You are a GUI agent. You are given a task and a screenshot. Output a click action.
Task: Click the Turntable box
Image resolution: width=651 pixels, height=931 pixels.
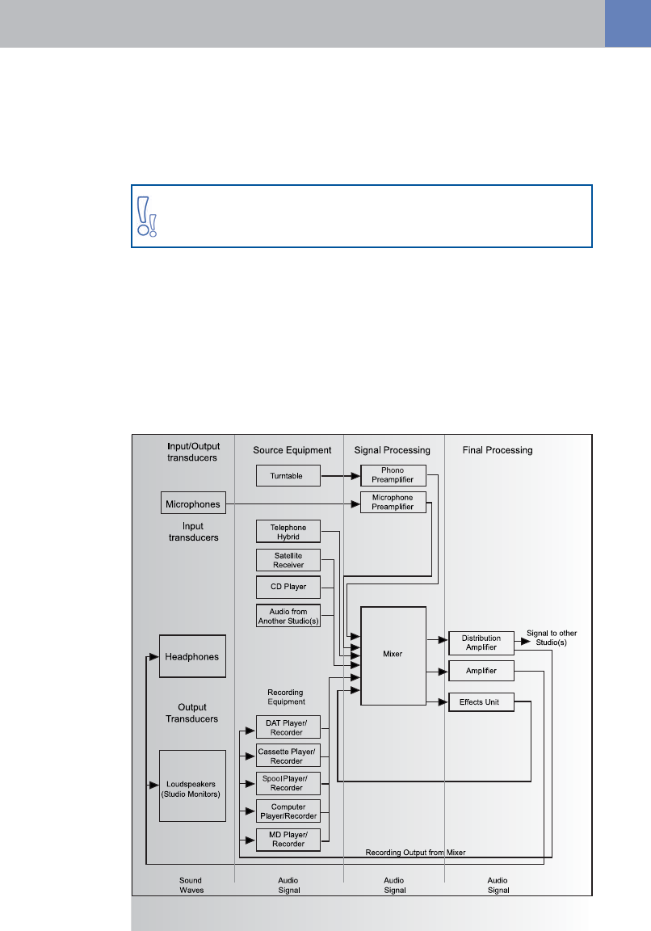[288, 476]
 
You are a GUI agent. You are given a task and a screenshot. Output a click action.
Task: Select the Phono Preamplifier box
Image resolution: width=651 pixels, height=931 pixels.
[392, 475]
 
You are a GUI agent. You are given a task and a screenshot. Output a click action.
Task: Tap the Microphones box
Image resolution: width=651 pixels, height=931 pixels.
[191, 503]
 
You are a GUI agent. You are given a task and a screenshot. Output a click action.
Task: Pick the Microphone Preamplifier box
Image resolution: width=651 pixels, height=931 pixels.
[392, 503]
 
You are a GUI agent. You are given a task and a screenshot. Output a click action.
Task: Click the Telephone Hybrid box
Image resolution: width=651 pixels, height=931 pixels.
[288, 532]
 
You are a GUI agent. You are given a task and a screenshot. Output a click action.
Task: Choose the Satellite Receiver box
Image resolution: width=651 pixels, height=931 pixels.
[288, 559]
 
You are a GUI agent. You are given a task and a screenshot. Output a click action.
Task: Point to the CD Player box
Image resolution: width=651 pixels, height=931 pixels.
[288, 586]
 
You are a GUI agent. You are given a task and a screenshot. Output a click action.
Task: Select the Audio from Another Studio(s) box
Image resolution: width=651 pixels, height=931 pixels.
[288, 616]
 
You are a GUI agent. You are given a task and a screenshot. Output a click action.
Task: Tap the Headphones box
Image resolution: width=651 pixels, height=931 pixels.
[191, 656]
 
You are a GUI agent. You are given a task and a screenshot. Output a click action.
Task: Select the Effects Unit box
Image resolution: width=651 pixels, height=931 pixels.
[481, 702]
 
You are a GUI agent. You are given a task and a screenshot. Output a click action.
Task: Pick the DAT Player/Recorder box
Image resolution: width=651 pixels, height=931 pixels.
[288, 727]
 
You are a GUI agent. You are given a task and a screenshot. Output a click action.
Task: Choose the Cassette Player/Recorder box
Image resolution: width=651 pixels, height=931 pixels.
[288, 756]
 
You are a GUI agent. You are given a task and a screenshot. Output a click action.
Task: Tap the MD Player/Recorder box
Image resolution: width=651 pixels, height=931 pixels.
[288, 839]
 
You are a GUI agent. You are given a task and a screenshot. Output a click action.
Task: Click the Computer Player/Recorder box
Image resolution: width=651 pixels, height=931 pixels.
[288, 811]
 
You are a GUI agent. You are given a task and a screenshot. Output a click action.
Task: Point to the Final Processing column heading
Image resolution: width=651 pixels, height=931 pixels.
[497, 450]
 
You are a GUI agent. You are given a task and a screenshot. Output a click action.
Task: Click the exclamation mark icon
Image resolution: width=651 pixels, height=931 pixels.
[146, 216]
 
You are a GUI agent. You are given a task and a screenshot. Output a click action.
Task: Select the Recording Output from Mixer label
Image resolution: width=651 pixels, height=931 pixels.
[415, 852]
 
